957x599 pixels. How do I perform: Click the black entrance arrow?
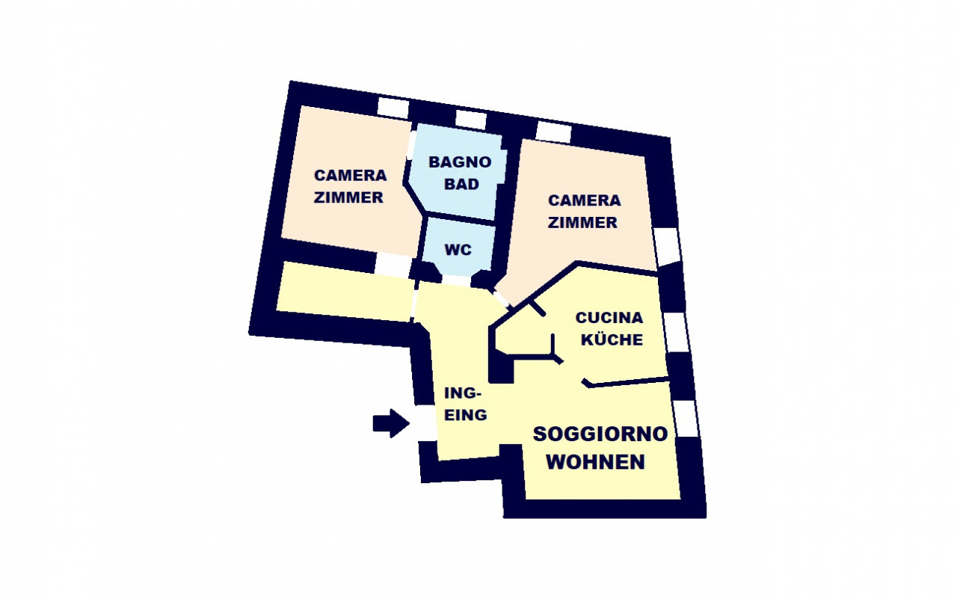391,423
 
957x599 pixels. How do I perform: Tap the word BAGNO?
460,162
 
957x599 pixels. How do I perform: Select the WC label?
458,250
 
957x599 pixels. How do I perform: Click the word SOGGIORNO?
600,434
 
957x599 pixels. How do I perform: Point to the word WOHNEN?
596,462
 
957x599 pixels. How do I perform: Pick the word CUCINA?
609,317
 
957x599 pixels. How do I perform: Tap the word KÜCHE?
612,340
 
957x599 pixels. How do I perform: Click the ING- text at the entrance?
463,393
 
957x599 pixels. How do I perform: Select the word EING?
466,415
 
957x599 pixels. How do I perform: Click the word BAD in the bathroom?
461,184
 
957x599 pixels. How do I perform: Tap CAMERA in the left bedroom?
351,175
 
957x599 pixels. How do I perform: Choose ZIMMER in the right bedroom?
582,223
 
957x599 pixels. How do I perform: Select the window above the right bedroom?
554,132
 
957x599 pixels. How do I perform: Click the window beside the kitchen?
676,332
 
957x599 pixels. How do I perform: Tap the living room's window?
686,419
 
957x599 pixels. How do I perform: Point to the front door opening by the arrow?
425,423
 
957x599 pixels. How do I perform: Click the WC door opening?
455,280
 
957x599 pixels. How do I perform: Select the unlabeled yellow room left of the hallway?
345,292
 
